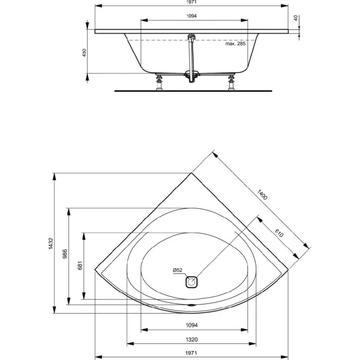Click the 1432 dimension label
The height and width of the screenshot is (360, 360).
[51, 243]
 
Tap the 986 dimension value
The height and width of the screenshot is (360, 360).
[65, 254]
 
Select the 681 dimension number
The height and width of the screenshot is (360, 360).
[80, 265]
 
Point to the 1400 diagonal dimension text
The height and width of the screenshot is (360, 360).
[262, 195]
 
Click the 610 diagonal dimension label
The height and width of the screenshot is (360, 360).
[279, 233]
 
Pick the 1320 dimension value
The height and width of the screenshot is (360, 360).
[192, 339]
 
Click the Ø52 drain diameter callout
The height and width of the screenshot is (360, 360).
[177, 270]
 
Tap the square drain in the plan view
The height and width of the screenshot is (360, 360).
[191, 282]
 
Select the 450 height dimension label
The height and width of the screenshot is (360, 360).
[84, 53]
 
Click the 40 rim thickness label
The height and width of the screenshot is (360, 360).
[296, 18]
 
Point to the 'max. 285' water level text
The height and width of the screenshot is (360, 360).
[235, 44]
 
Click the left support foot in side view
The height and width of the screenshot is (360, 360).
[159, 82]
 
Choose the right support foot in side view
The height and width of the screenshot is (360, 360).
[231, 82]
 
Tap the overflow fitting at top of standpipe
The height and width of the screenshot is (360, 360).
[192, 37]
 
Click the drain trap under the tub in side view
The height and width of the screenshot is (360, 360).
[192, 76]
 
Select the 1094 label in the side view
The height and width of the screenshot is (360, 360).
[192, 16]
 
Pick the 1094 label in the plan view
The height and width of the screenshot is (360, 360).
[192, 325]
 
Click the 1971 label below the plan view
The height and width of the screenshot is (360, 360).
[191, 353]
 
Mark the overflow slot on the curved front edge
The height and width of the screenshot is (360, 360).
[191, 305]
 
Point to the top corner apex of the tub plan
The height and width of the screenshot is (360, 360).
[191, 173]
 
